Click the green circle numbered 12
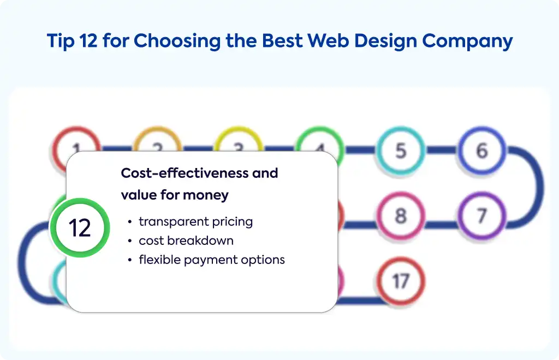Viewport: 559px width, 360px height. coord(80,227)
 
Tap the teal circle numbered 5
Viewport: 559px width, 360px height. coord(401,150)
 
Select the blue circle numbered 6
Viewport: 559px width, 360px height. coord(481,150)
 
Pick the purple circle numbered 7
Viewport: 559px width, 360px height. coord(481,216)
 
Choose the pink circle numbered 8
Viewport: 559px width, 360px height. coord(401,216)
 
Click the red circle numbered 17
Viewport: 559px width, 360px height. coord(401,281)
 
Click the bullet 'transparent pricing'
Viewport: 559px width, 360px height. coord(196,221)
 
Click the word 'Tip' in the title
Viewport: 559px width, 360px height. coord(61,40)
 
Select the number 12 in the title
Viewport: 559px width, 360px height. coord(88,40)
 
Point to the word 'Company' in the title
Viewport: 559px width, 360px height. coord(467,41)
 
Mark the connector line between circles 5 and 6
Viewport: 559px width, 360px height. coord(441,150)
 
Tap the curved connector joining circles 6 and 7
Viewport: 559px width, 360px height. coord(540,187)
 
